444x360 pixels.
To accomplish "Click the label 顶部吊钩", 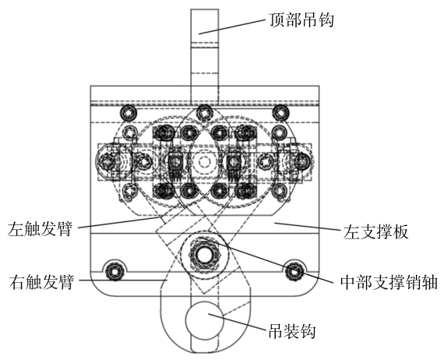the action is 301,19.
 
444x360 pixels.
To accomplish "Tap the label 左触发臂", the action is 41,229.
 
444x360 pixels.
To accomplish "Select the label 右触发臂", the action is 41,281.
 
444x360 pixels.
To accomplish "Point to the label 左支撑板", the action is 375,232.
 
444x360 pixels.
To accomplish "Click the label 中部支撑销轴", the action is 389,282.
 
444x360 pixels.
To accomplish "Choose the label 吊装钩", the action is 292,330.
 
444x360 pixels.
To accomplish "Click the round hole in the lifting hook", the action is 204,320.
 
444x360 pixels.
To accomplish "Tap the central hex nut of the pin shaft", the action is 204,255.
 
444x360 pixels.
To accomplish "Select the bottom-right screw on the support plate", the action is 294,271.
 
